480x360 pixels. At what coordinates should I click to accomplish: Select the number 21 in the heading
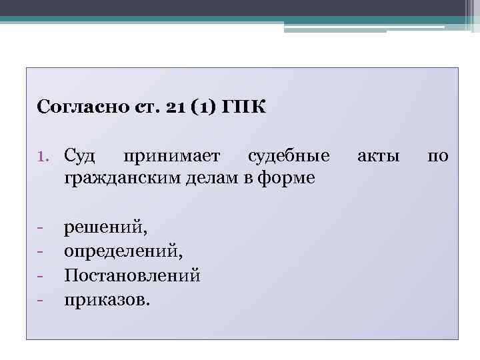point(166,107)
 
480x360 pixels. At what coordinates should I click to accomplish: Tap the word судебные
point(288,157)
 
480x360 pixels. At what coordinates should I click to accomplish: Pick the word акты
point(379,157)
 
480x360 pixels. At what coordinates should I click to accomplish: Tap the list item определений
point(123,251)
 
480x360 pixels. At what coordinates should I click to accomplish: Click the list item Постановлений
point(132,275)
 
